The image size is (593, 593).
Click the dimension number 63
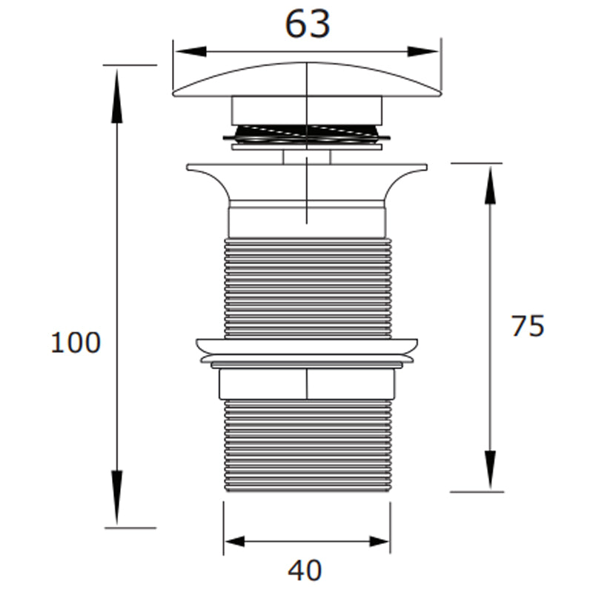click(x=307, y=25)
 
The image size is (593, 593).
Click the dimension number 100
click(x=75, y=343)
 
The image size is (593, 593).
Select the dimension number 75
click(x=528, y=326)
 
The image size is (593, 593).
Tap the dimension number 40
click(x=305, y=571)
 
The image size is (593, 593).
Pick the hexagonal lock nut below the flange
click(x=307, y=384)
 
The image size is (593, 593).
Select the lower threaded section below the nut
click(x=307, y=445)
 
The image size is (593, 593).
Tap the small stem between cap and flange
click(x=307, y=156)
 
